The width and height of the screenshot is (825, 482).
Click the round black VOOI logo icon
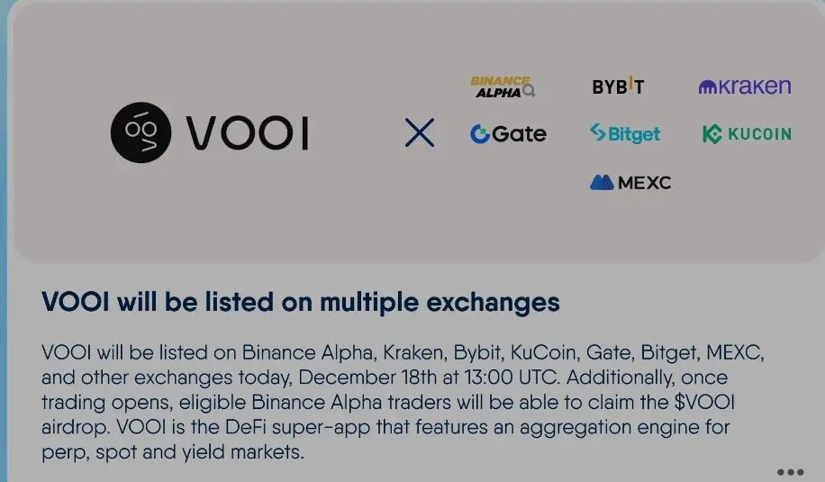tap(141, 132)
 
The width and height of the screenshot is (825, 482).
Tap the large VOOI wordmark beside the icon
tap(248, 133)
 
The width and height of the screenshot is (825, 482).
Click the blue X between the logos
tap(420, 132)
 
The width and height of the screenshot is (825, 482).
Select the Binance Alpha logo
tap(502, 86)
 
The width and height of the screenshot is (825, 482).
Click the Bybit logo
tap(618, 86)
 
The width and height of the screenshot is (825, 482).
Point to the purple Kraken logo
tap(745, 86)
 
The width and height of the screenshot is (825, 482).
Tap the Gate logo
tap(508, 133)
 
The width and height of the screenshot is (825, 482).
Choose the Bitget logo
tap(625, 133)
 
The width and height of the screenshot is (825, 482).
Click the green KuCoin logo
tap(747, 134)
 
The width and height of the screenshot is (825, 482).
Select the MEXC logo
tap(630, 183)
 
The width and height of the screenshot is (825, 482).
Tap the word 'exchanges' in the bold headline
tap(493, 303)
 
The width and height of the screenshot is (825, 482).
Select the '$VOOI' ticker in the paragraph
tap(704, 402)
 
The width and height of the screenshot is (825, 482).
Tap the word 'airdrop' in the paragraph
tap(76, 427)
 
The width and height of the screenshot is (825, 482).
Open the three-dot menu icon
tap(790, 472)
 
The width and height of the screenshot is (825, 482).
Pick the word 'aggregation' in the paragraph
tap(576, 428)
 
